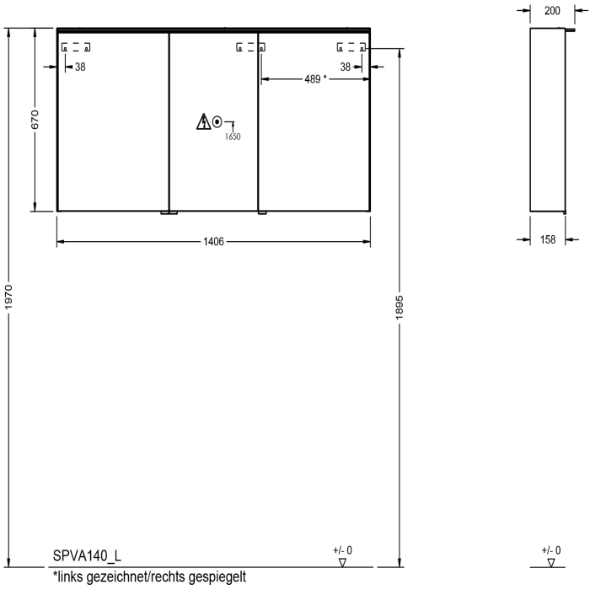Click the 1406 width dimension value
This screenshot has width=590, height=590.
pyautogui.click(x=213, y=242)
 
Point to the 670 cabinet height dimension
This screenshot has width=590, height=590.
pyautogui.click(x=35, y=121)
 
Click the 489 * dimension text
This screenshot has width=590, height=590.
pyautogui.click(x=313, y=79)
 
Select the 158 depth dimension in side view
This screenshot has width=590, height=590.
pyautogui.click(x=548, y=240)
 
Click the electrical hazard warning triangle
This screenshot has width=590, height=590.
pyautogui.click(x=203, y=123)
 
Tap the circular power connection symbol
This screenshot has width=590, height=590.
pyautogui.click(x=218, y=122)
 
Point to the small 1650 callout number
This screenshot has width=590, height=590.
pyautogui.click(x=233, y=137)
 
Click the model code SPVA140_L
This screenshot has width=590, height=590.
pyautogui.click(x=87, y=557)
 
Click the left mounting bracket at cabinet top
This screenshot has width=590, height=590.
pyautogui.click(x=76, y=47)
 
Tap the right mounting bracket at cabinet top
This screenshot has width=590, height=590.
pyautogui.click(x=351, y=47)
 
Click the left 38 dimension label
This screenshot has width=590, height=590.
pyautogui.click(x=79, y=67)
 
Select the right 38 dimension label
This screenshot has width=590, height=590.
pyautogui.click(x=346, y=67)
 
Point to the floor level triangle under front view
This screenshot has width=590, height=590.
pyautogui.click(x=342, y=562)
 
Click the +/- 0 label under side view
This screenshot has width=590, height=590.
pyautogui.click(x=551, y=550)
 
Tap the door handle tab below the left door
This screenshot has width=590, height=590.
pyautogui.click(x=169, y=214)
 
